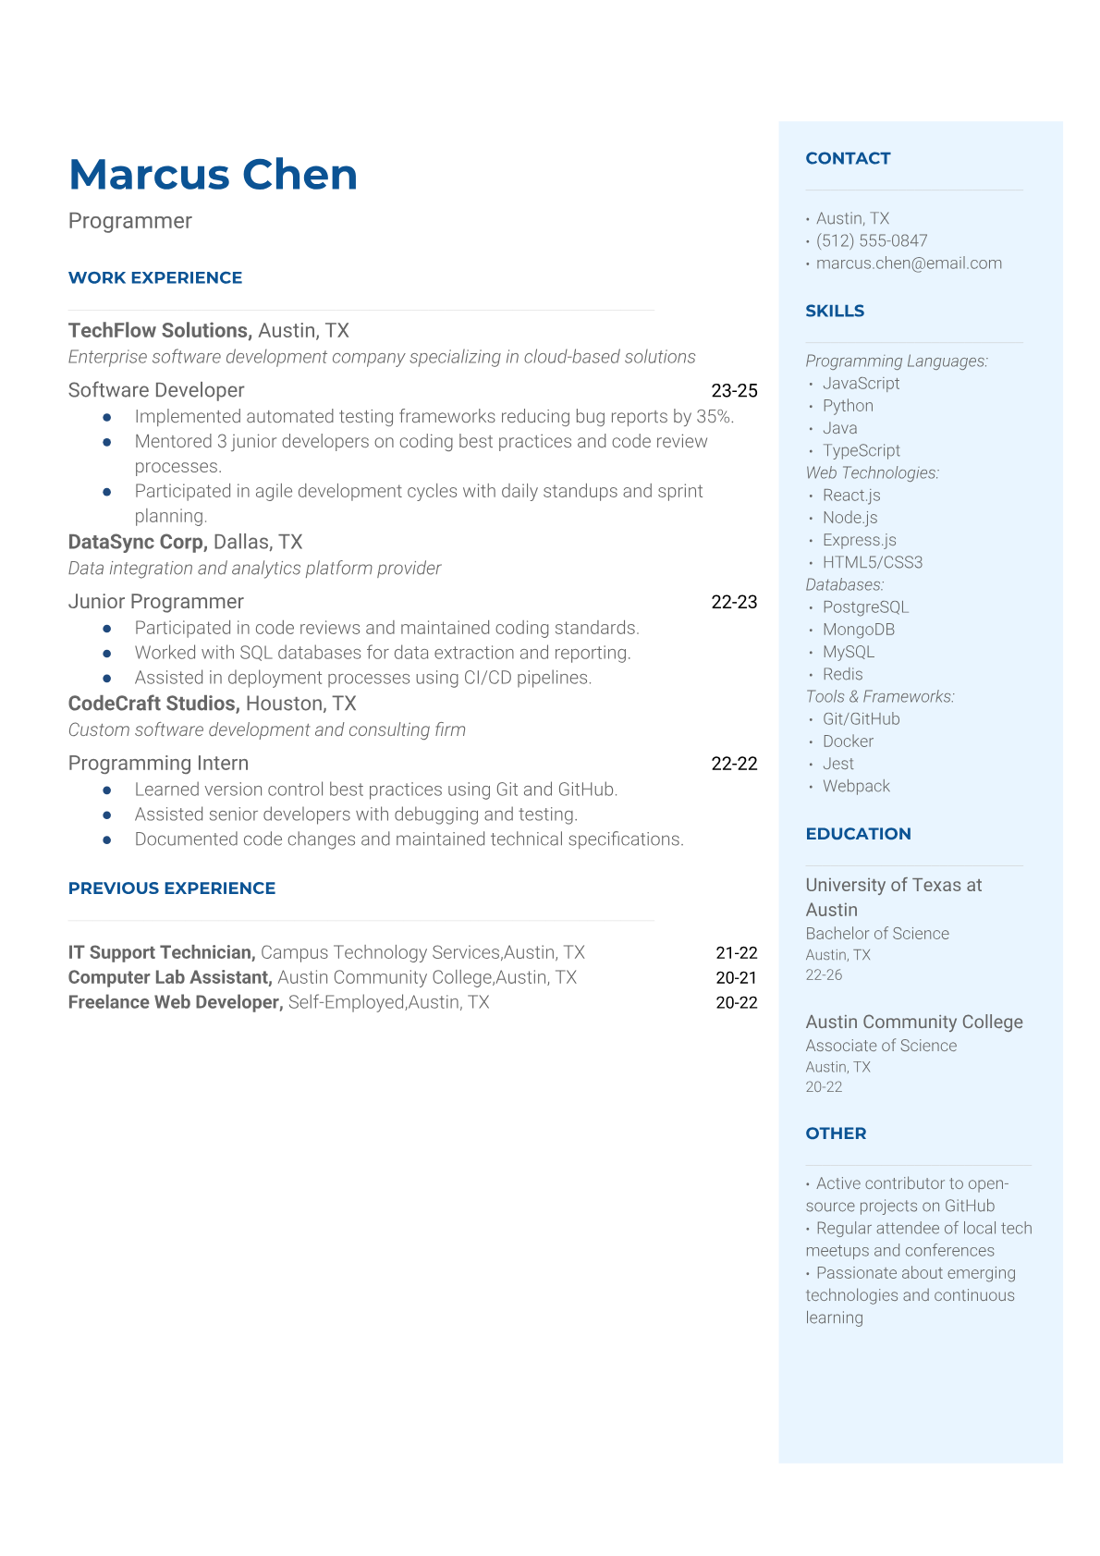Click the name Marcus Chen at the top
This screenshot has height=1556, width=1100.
pyautogui.click(x=213, y=175)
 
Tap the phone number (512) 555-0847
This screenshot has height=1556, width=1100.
pyautogui.click(x=871, y=240)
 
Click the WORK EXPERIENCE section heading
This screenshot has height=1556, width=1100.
pyautogui.click(x=155, y=277)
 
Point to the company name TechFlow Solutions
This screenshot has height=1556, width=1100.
pyautogui.click(x=159, y=330)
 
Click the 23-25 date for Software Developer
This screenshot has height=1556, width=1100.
pyautogui.click(x=734, y=390)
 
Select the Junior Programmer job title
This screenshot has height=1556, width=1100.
pyautogui.click(x=155, y=602)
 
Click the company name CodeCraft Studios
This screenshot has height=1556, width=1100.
pyautogui.click(x=153, y=704)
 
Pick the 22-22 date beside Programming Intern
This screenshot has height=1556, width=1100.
pyautogui.click(x=734, y=764)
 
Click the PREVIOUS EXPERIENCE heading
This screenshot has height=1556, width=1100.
pyautogui.click(x=172, y=888)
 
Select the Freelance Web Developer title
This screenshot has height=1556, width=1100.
pyautogui.click(x=175, y=1002)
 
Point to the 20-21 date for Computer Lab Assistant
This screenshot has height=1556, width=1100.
pyautogui.click(x=736, y=977)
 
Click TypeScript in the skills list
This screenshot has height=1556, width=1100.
pyautogui.click(x=861, y=450)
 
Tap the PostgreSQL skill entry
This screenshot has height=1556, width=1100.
pyautogui.click(x=865, y=606)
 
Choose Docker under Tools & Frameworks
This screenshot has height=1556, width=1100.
pyautogui.click(x=848, y=741)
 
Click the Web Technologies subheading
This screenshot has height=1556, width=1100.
pyautogui.click(x=872, y=472)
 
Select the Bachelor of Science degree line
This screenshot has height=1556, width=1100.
pyautogui.click(x=877, y=934)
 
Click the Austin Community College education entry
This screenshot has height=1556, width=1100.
pyautogui.click(x=913, y=1022)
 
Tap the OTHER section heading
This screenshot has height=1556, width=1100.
pyautogui.click(x=836, y=1133)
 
